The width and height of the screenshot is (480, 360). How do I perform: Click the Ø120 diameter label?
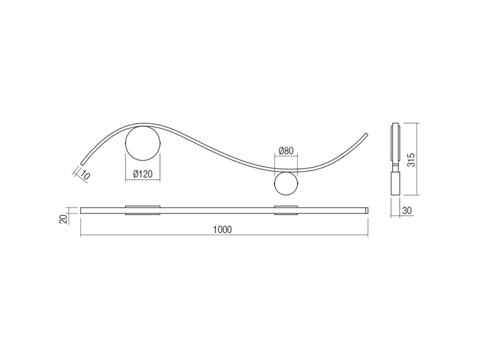[x=143, y=174]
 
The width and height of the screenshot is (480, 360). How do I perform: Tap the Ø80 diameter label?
[x=286, y=151]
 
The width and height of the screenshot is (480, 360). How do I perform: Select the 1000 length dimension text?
[x=223, y=230]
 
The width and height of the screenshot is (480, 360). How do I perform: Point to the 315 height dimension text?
[x=412, y=160]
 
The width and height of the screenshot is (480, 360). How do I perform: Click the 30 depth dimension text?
[x=407, y=211]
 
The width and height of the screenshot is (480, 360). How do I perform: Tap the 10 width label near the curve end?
[x=85, y=176]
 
